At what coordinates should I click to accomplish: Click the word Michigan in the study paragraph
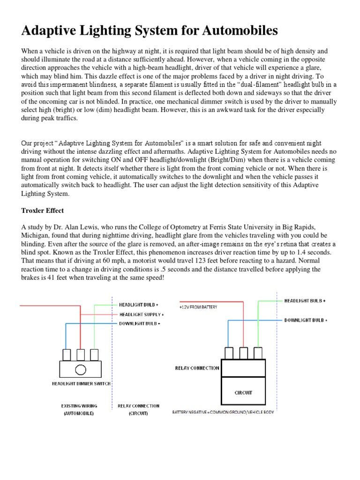[x=35, y=235]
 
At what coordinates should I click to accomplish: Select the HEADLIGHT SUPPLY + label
[x=141, y=315]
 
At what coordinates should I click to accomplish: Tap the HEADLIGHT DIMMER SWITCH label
[x=81, y=383]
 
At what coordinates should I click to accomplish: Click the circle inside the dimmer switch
[x=80, y=369]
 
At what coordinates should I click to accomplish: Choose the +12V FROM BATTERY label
[x=198, y=307]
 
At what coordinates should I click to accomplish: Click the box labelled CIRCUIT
[x=243, y=392]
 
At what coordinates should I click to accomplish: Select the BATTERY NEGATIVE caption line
[x=223, y=412]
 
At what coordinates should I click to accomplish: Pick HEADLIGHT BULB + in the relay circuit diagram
[x=305, y=300]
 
